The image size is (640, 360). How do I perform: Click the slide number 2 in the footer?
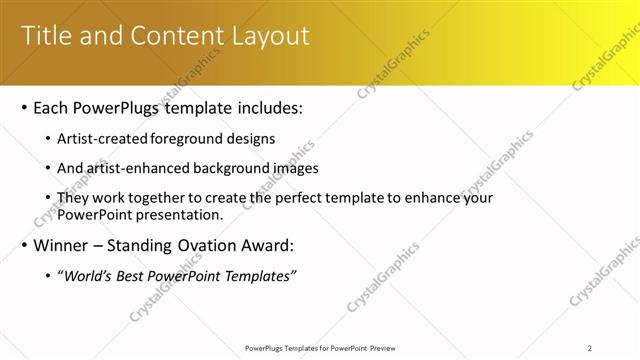click(589, 347)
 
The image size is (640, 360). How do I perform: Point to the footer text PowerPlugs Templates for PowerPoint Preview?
click(320, 347)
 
